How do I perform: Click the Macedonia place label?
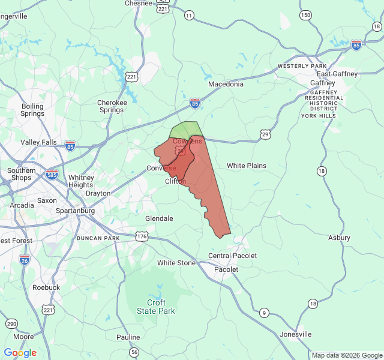226,84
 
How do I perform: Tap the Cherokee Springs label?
112,106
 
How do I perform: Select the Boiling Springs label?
32,110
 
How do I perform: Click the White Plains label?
246,166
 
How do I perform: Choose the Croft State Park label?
156,307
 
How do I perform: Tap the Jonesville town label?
296,334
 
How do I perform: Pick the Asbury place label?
339,238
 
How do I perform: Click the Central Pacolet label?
232,256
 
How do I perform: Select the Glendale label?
159,218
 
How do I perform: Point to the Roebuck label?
46,287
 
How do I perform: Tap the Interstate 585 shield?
52,174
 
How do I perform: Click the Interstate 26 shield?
24,260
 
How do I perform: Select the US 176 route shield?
142,237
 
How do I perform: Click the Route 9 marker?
264,313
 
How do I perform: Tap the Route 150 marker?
306,15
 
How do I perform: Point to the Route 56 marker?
134,352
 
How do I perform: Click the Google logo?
20,353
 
